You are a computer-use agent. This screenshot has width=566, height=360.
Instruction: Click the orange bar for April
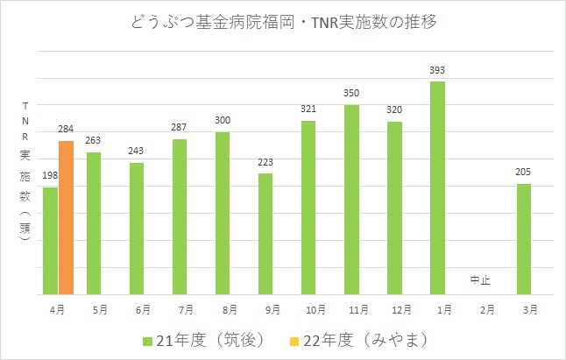(66, 217)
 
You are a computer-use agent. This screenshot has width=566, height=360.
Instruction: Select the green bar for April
(50, 241)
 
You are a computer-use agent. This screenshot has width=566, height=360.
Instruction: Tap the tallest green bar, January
(437, 188)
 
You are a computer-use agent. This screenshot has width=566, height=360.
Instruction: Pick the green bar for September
(265, 234)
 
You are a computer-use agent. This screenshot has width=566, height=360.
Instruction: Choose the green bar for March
(523, 239)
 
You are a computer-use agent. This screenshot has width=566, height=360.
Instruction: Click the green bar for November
(351, 200)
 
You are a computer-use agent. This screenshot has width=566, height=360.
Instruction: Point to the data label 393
(437, 69)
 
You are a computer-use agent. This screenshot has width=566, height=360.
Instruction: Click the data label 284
(67, 129)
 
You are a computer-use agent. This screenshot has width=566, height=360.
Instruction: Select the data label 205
(524, 172)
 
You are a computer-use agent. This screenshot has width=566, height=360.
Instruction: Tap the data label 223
(265, 162)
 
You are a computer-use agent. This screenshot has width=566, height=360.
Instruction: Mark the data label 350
(351, 93)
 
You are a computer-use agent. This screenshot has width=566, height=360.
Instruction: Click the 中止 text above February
(480, 280)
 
